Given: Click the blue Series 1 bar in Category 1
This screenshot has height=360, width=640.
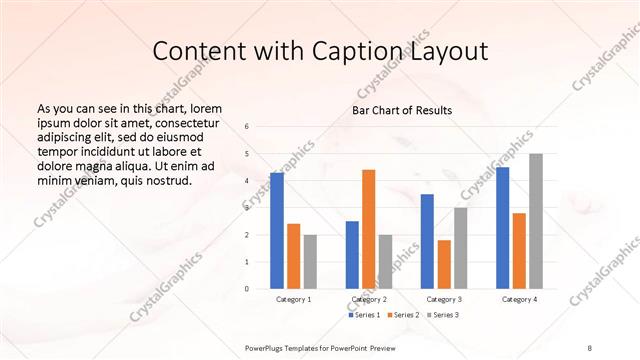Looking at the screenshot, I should click(277, 231).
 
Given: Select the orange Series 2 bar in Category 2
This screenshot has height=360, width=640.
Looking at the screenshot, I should click(369, 229).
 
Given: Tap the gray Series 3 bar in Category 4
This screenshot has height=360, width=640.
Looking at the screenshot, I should click(536, 221).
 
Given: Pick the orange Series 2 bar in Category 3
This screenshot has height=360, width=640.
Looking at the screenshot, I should click(444, 264).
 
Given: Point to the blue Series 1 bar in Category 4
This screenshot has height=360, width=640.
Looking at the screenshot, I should click(502, 228).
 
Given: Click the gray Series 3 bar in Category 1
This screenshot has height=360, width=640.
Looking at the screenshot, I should click(310, 262).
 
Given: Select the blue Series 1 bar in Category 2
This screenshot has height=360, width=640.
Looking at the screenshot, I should click(352, 255).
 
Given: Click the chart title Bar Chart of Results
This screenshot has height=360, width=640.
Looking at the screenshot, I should click(402, 110).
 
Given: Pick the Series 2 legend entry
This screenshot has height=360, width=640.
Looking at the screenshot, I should click(403, 315).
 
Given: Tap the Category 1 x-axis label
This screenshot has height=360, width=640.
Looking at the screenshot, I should click(293, 300).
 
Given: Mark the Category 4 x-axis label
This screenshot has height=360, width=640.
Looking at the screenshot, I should click(519, 300).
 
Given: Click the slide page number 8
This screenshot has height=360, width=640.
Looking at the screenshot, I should click(589, 346).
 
